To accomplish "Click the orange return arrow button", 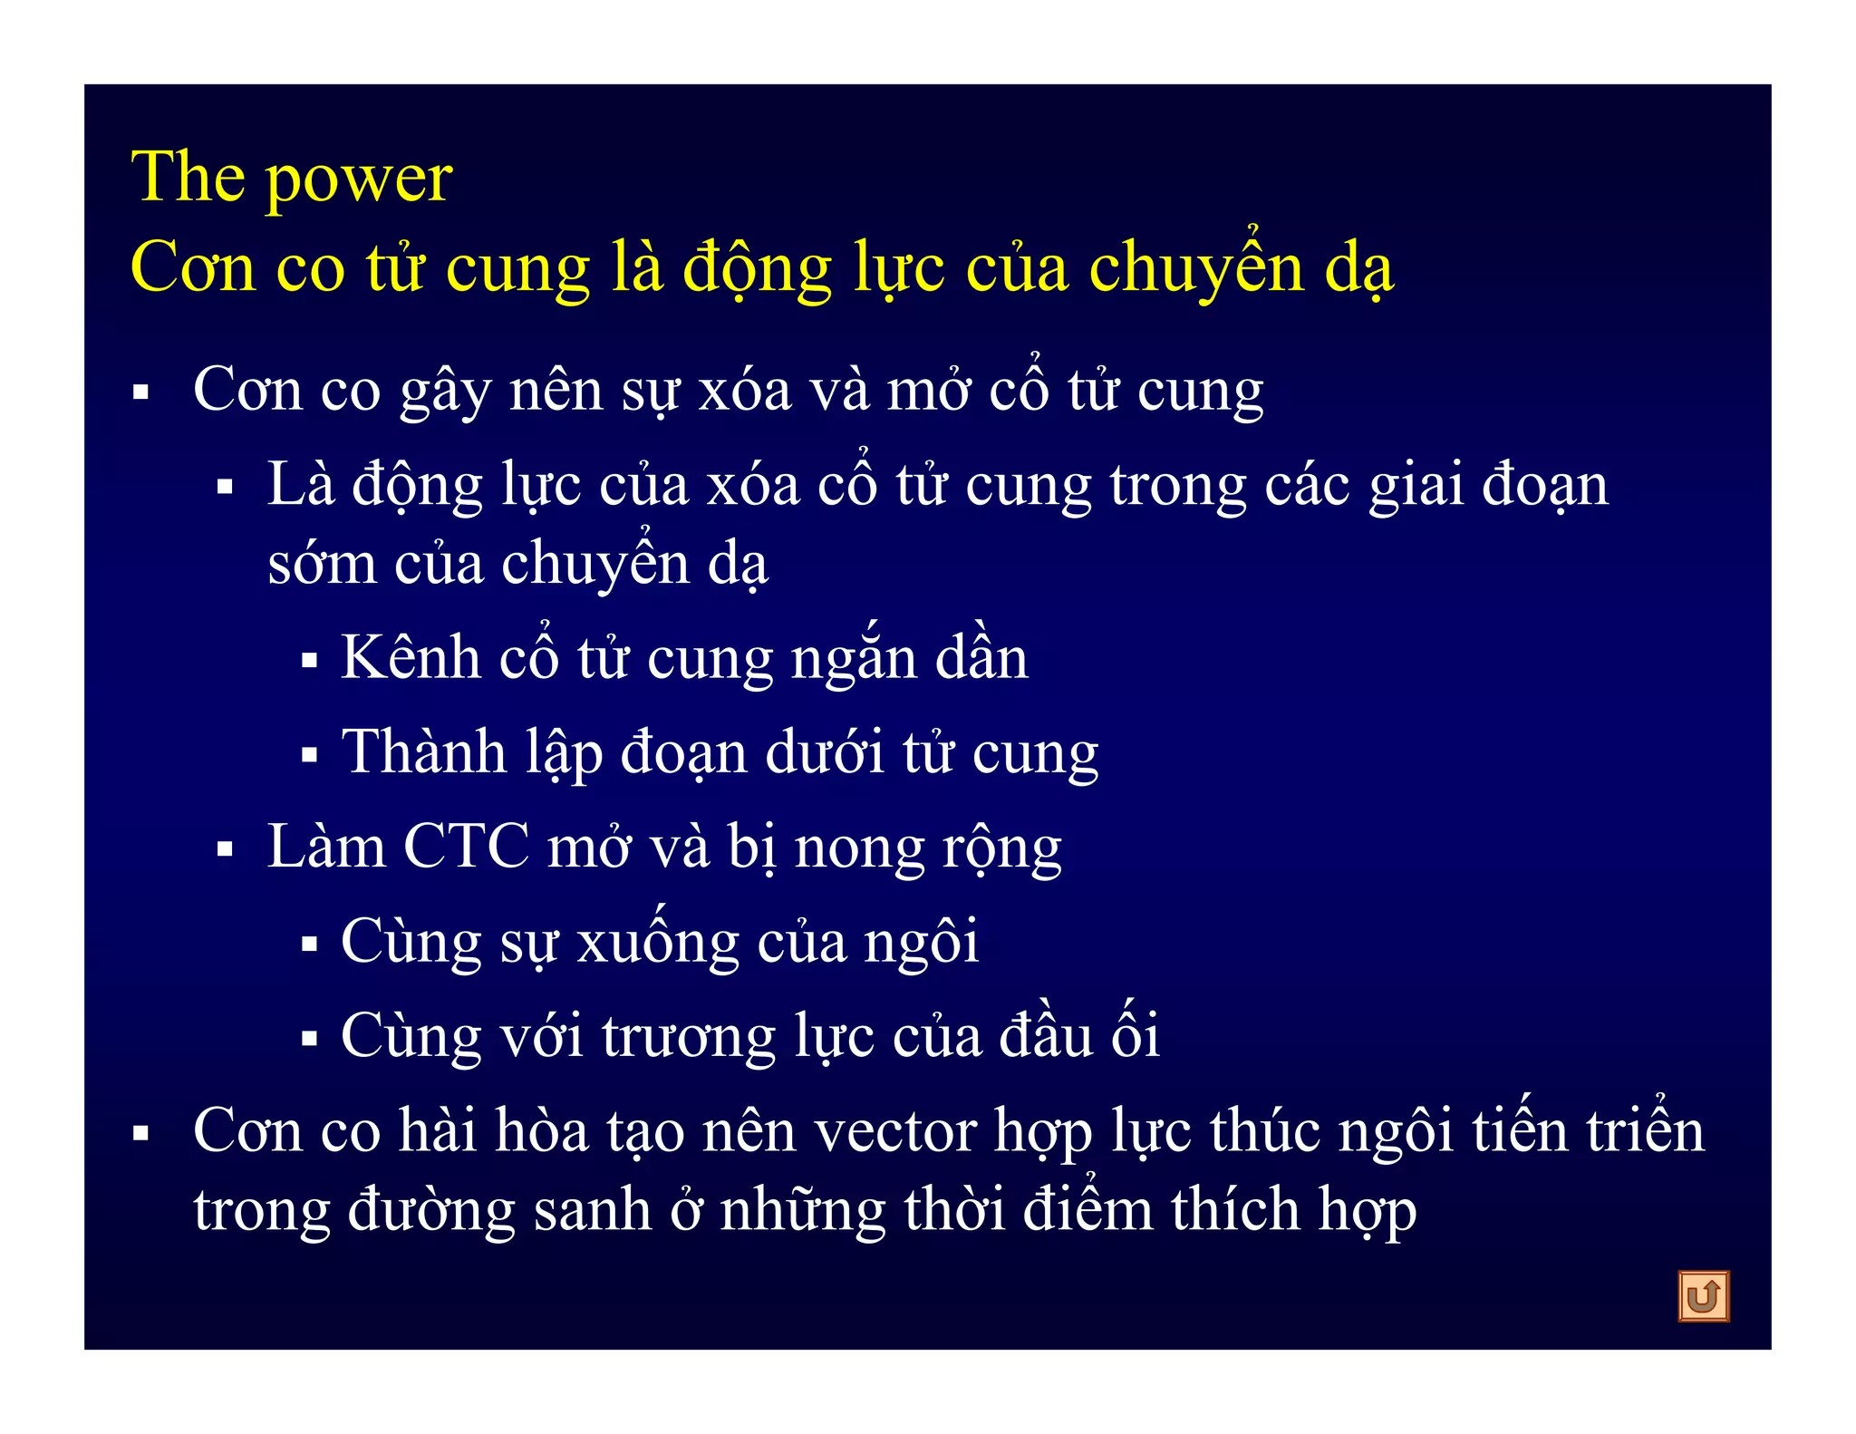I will pyautogui.click(x=1703, y=1296).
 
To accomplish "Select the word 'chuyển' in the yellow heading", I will pyautogui.click(x=1195, y=270).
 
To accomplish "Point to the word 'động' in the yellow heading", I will pyautogui.click(x=758, y=270).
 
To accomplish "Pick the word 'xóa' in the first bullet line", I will pyautogui.click(x=744, y=392).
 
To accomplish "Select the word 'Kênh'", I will pyautogui.click(x=411, y=658).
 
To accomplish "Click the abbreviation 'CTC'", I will pyautogui.click(x=466, y=848).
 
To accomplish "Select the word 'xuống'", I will pyautogui.click(x=658, y=943).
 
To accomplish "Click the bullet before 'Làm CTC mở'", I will pyautogui.click(x=225, y=849).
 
